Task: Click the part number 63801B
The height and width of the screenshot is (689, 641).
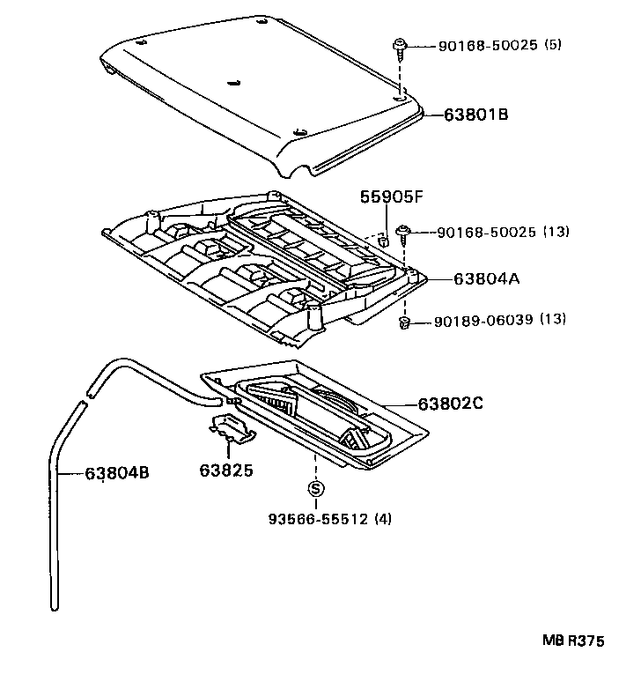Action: point(476,115)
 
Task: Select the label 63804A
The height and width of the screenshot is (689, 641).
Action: point(488,278)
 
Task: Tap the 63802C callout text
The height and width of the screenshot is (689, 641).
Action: point(451,404)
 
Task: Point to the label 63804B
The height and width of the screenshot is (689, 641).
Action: point(117,473)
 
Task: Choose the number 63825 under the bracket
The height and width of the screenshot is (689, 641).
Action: point(225,470)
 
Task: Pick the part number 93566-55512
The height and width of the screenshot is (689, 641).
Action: point(319,518)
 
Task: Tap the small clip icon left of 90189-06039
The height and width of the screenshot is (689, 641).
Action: point(405,323)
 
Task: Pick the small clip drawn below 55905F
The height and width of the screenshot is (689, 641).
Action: point(384,239)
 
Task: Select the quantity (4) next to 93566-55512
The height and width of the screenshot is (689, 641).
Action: point(383,518)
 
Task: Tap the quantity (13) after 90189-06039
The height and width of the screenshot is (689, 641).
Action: point(553,322)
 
